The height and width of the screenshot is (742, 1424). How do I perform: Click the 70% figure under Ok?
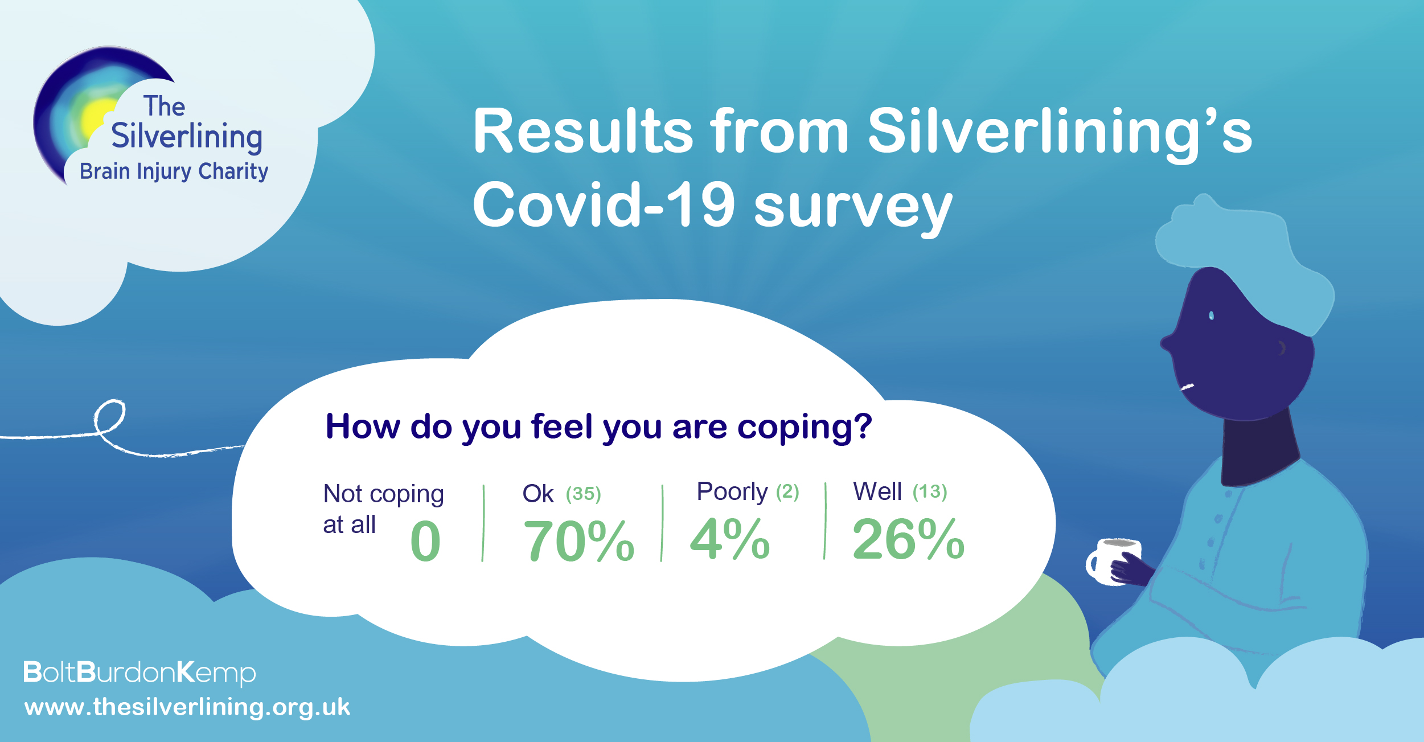point(578,540)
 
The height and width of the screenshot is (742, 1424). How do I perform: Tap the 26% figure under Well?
point(908,539)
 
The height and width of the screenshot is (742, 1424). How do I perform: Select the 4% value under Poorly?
point(730,539)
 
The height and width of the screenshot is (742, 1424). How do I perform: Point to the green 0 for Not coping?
point(425,541)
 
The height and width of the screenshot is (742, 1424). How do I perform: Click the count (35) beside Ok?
point(584,494)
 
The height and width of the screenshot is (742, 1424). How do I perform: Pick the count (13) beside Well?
point(930,491)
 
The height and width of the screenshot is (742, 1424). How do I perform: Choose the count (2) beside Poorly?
point(787,491)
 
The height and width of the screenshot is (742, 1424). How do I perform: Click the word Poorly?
point(732,492)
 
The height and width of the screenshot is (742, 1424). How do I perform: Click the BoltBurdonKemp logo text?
point(139,673)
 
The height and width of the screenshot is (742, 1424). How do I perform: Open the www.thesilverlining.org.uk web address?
point(187,707)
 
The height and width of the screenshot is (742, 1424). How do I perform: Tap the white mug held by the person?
point(1114,561)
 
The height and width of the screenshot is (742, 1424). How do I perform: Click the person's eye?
point(1211,315)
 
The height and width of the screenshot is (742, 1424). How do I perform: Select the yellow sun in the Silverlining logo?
point(98,121)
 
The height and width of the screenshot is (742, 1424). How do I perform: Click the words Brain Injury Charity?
point(174,171)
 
